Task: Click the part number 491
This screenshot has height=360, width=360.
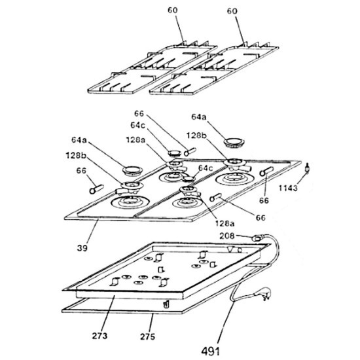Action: (211, 351)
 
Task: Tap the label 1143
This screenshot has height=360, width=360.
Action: (288, 189)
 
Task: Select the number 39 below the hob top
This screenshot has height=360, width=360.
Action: (82, 248)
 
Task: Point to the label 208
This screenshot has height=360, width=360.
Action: (227, 236)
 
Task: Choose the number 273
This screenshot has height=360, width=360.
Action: (99, 336)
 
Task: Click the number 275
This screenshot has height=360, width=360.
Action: (148, 336)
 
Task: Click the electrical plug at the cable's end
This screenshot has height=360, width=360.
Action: (266, 294)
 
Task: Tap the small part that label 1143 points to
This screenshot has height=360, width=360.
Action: (307, 168)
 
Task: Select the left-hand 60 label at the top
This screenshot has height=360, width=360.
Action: (173, 10)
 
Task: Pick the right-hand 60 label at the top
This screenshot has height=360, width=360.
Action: (232, 10)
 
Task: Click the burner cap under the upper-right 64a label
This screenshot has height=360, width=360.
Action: (234, 143)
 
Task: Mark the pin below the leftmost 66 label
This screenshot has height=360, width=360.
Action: (96, 189)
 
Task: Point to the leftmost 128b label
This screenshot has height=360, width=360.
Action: (76, 155)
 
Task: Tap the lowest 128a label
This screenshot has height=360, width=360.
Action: (225, 223)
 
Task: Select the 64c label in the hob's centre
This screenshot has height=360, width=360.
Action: (206, 168)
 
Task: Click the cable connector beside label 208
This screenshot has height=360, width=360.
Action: (257, 238)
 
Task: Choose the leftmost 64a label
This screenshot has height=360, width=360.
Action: (79, 140)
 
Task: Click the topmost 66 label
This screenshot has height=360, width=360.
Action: (139, 113)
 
